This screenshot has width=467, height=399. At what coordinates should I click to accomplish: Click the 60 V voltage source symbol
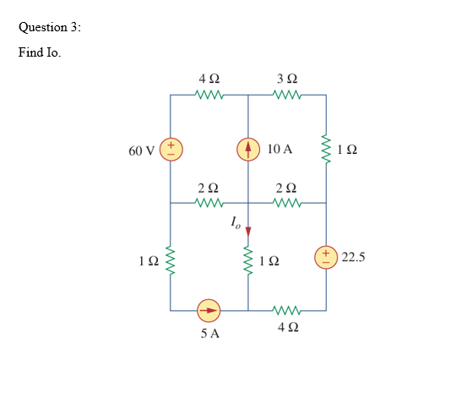tap(171, 150)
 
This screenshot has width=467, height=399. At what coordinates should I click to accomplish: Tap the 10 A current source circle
tap(248, 150)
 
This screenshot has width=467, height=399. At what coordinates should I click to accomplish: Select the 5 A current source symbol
tap(209, 311)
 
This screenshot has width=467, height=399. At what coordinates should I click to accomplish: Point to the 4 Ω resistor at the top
tap(209, 96)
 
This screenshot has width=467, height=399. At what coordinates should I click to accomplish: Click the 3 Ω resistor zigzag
tap(287, 96)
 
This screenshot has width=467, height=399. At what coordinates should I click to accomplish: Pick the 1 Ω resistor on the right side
tap(326, 150)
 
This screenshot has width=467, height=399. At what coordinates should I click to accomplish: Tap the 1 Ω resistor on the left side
tap(171, 257)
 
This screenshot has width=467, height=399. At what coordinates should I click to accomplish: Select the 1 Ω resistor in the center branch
tap(248, 257)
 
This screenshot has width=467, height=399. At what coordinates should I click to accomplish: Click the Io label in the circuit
tap(236, 223)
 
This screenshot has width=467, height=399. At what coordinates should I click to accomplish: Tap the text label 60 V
tap(142, 150)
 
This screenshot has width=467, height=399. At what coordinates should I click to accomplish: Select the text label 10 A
tap(279, 150)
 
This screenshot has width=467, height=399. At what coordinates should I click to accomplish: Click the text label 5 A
tap(210, 334)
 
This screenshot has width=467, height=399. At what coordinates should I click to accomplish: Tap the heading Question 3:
tap(50, 26)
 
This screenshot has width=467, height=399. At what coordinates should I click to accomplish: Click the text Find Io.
tap(40, 52)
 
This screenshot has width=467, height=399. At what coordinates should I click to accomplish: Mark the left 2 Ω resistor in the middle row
tap(209, 203)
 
